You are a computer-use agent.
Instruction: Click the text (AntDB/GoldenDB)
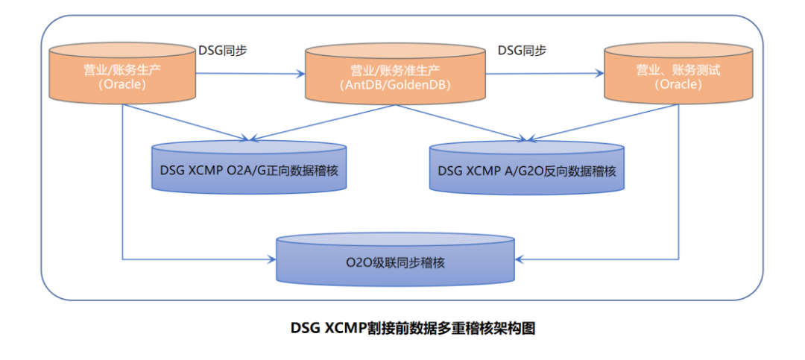coord(394,86)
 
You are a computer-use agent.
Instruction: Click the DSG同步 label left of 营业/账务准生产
coord(223,51)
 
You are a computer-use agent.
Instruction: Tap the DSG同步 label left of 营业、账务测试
coord(522,51)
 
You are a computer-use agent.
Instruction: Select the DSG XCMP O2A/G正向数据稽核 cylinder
coord(249,168)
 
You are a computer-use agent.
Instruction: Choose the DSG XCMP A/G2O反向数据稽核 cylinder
coord(527,168)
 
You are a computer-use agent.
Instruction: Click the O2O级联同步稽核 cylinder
coord(396,262)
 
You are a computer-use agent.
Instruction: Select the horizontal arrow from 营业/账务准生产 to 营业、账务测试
coord(544,74)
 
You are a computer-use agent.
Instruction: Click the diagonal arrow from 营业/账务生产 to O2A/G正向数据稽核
coord(186,121)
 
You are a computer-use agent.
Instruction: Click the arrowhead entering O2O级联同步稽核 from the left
coord(271,259)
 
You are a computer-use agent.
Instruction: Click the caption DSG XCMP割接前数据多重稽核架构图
coord(402,329)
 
